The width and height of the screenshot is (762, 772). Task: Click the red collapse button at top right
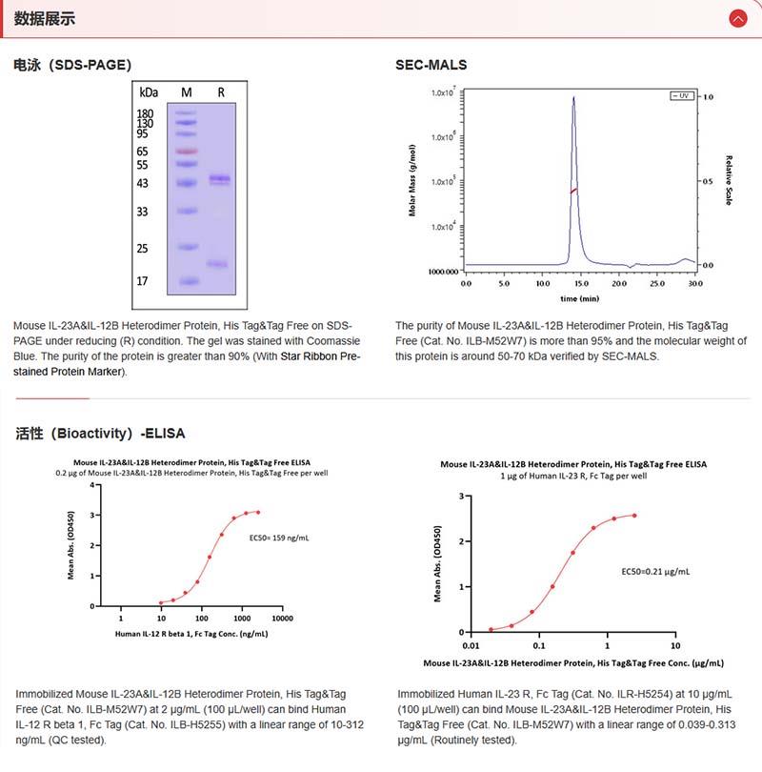(x=737, y=18)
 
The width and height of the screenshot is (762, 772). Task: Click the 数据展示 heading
(x=45, y=18)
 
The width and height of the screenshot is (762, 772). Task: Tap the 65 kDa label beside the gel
(x=143, y=151)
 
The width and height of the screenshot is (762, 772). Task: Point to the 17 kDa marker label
(x=143, y=281)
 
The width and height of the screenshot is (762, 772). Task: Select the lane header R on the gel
(x=221, y=92)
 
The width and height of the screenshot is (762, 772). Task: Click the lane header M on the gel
(x=187, y=92)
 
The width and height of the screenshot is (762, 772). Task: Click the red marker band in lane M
(x=187, y=151)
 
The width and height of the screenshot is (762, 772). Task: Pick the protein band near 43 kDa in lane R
(x=221, y=178)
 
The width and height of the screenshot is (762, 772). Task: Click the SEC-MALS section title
(x=431, y=65)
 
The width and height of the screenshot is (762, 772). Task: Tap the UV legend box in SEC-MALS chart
(x=682, y=96)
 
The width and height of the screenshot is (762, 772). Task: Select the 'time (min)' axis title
(x=579, y=297)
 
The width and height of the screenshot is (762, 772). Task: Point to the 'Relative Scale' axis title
(x=729, y=181)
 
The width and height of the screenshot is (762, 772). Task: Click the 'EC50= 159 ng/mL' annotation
(x=279, y=538)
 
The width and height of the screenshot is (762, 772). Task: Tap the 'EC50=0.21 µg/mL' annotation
(x=655, y=572)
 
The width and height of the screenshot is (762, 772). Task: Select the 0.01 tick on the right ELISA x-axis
(x=470, y=645)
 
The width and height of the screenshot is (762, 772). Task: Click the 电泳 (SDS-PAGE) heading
(x=72, y=65)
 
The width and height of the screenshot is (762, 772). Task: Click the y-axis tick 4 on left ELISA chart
(x=92, y=485)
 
